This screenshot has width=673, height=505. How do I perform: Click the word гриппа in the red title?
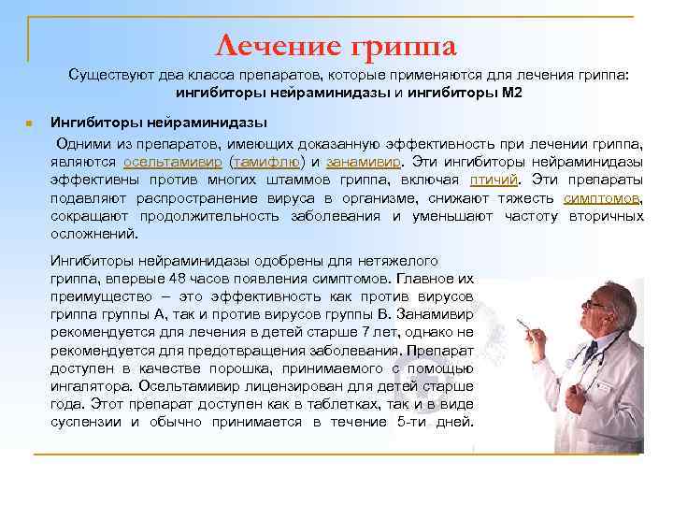click(x=403, y=44)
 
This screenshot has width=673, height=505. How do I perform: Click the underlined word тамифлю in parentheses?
click(x=266, y=161)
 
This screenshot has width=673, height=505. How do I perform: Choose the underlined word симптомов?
click(x=602, y=198)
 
